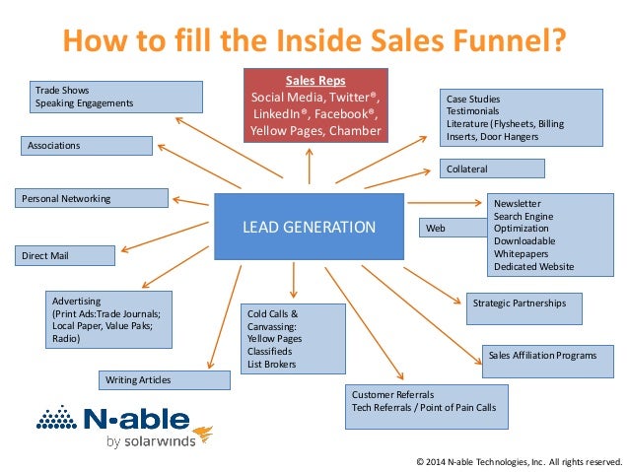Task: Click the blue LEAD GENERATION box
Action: pos(309,228)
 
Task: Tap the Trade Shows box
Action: pos(113,96)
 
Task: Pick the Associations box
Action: pos(87,146)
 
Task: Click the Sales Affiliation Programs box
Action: pos(552,356)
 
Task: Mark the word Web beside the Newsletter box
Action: pos(435,229)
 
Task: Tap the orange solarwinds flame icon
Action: pos(205,433)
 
